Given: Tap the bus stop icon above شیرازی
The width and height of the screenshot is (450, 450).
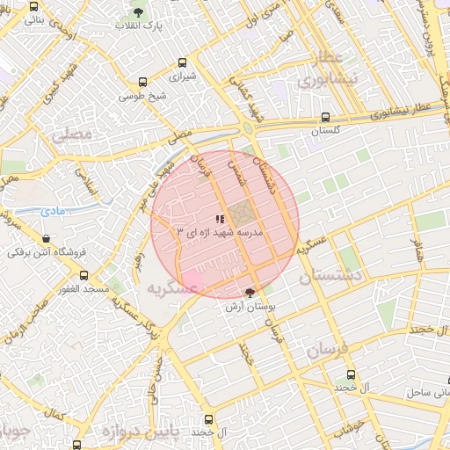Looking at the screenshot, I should pos(182,62).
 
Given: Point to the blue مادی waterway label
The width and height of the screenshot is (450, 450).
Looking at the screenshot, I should pos(51,212).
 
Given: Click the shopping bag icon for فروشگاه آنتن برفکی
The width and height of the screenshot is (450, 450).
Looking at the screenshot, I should pos(47,237).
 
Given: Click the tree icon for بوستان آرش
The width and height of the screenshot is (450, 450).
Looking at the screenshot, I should pos(250,292).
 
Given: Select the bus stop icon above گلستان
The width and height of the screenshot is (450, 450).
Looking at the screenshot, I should pos(326,117).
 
